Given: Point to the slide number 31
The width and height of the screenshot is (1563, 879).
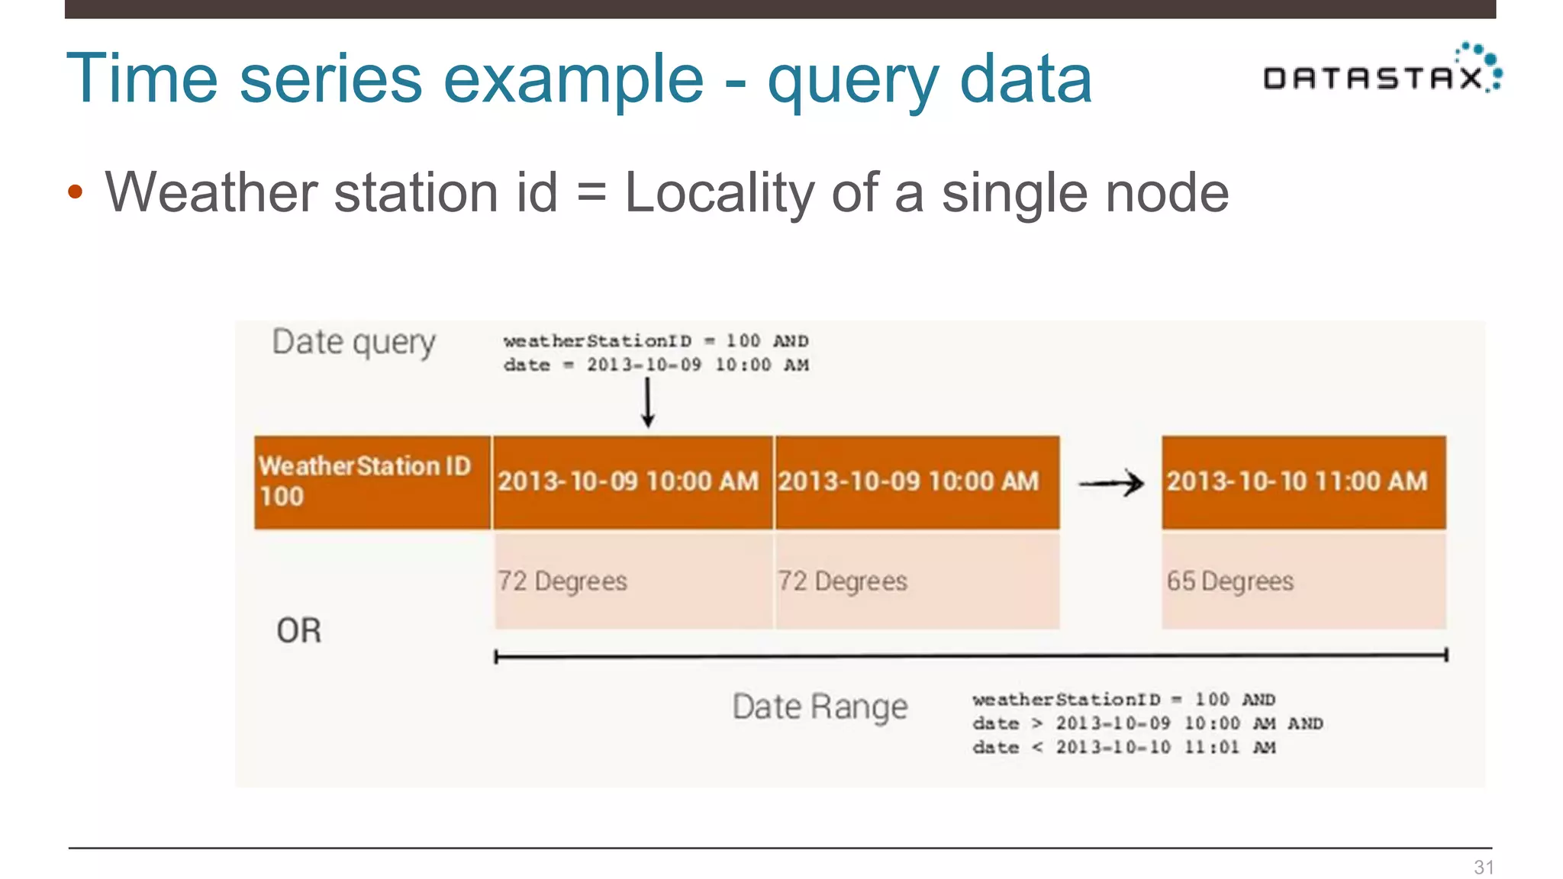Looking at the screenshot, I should point(1484,867).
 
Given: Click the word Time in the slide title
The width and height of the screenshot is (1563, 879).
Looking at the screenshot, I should point(142,79).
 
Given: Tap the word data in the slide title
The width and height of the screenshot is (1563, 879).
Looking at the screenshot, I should point(1026,79).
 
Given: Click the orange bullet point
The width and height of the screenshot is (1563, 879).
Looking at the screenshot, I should point(75,192).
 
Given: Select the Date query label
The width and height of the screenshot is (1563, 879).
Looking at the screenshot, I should point(353,343).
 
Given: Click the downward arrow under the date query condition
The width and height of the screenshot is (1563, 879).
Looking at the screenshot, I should point(648,403).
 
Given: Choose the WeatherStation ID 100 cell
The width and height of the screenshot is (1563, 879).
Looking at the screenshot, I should point(372,482).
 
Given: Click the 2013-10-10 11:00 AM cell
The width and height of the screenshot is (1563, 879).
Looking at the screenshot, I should point(1304,482).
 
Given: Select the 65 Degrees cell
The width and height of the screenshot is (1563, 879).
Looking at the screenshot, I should point(1304,581).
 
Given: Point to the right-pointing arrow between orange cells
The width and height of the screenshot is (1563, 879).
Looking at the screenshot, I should point(1111,483).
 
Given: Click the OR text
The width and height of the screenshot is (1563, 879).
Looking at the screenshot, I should point(299,631).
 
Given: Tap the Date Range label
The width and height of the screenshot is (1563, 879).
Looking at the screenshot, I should point(820,707).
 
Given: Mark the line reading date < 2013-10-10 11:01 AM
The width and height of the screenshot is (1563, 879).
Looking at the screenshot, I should point(1123,748).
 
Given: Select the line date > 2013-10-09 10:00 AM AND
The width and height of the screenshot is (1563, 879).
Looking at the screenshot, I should point(1147,723).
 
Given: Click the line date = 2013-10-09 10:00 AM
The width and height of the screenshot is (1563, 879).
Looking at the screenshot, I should point(656,365).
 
